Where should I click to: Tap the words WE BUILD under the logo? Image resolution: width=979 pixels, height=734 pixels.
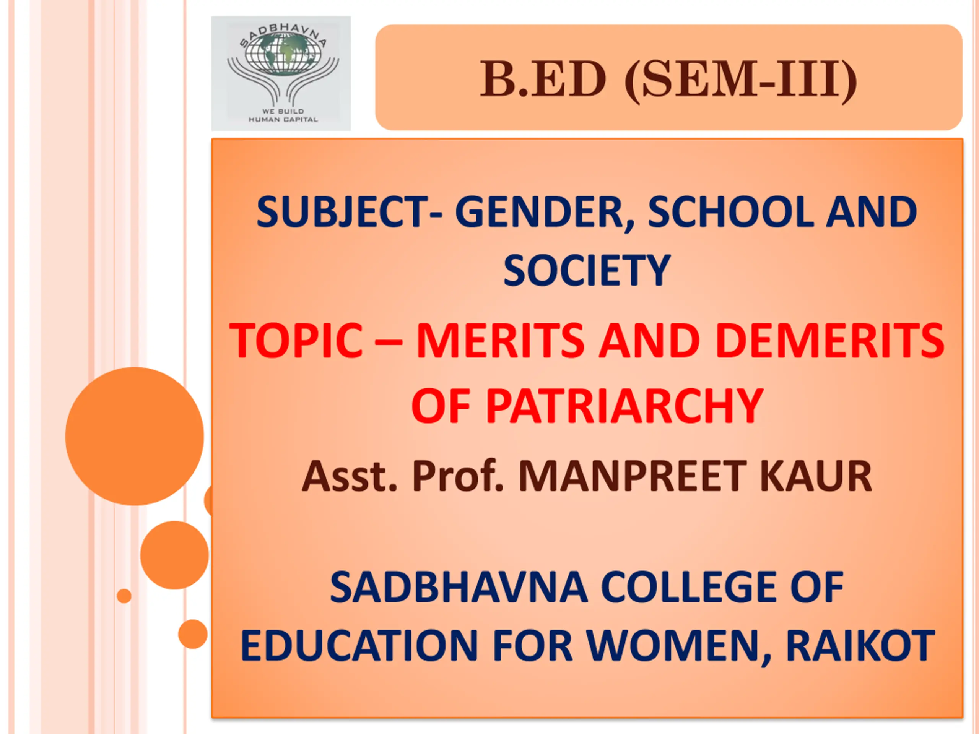pos(283,111)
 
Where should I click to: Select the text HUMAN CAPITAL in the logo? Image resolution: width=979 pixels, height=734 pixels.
pos(283,119)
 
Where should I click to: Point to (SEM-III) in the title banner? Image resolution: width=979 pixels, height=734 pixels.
pos(740,81)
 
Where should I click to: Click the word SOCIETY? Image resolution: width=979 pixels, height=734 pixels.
pos(587,270)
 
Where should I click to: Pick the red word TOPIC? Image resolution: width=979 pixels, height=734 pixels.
pos(296,340)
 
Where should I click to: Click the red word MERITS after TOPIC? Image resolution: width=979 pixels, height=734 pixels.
pos(501,340)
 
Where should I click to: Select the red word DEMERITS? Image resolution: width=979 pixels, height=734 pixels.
pos(830,340)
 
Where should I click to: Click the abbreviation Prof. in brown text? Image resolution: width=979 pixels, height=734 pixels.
pos(458,476)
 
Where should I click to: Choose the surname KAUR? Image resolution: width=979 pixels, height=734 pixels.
pos(816,476)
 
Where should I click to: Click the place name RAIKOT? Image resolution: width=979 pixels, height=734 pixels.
pos(860,646)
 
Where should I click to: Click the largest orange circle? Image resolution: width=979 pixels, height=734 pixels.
pos(135,436)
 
